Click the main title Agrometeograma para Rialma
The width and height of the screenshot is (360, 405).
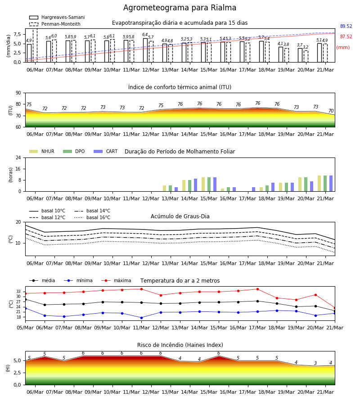click(x=180, y=8)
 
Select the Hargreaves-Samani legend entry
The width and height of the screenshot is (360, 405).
click(x=57, y=17)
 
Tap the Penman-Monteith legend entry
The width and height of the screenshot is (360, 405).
click(x=55, y=24)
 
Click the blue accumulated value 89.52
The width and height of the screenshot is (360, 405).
click(x=346, y=27)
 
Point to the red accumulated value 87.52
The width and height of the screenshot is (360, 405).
click(x=346, y=37)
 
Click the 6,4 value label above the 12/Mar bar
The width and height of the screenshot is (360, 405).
click(x=145, y=35)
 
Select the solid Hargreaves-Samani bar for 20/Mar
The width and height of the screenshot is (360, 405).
click(x=300, y=55)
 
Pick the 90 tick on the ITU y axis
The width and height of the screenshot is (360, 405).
click(x=18, y=93)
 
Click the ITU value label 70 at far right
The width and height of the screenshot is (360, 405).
click(x=331, y=111)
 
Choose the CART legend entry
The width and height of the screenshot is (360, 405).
click(x=106, y=151)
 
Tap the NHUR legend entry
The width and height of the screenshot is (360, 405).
click(x=42, y=151)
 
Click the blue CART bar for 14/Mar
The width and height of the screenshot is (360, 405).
click(x=195, y=185)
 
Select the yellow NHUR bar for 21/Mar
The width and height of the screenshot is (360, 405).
click(x=319, y=184)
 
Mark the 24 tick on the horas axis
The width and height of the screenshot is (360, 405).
click(x=18, y=157)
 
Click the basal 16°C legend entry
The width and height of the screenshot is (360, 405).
click(x=92, y=217)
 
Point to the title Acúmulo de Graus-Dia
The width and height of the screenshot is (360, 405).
click(x=180, y=216)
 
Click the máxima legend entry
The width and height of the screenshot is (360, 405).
click(x=117, y=280)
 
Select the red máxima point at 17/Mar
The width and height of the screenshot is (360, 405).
click(x=257, y=289)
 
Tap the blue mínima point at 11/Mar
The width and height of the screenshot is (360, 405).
click(x=141, y=318)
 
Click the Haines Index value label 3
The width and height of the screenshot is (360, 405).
click(x=315, y=363)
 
